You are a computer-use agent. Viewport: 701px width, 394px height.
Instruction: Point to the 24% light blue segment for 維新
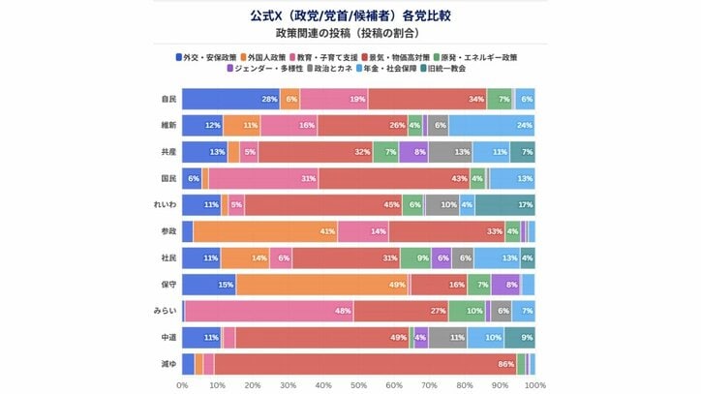(x=492, y=125)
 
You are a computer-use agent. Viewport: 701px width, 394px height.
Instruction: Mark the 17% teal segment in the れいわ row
(x=504, y=204)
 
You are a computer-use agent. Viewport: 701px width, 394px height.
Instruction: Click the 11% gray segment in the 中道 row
(x=446, y=337)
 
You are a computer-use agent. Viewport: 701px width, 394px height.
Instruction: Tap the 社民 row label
(x=168, y=258)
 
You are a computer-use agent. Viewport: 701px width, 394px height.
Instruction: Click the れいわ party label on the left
(x=166, y=204)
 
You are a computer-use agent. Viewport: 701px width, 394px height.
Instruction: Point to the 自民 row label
(x=168, y=99)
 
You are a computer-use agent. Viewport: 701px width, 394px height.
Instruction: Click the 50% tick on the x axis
(x=358, y=384)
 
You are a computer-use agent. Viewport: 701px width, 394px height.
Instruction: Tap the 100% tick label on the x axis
(x=534, y=384)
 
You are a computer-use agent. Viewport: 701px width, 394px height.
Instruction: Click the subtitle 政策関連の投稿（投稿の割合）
(x=350, y=35)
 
